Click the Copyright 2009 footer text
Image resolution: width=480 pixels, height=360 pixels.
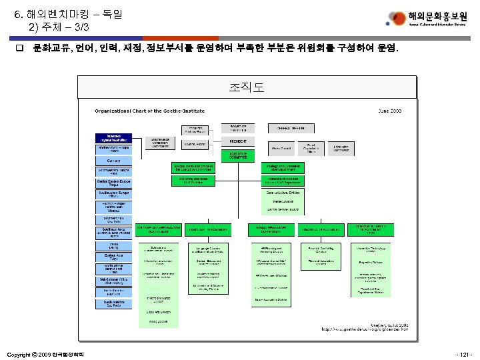pos(45,353)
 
